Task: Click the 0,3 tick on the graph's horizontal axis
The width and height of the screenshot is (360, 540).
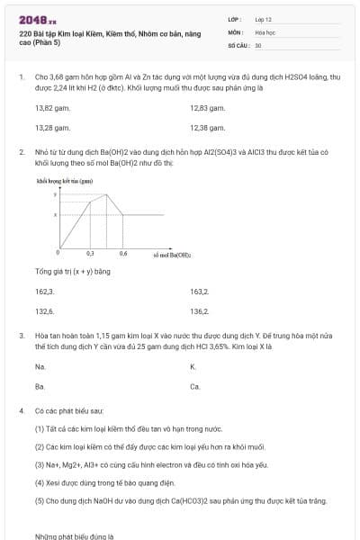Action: pos(90,255)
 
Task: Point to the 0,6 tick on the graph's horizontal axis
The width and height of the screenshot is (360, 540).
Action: pos(122,255)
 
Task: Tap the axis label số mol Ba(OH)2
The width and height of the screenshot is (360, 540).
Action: pos(171,256)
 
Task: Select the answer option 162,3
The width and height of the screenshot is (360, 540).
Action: pos(44,291)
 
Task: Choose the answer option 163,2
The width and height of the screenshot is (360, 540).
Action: pos(200,291)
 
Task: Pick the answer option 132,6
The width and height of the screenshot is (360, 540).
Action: pos(44,311)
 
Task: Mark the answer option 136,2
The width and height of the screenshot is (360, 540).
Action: pos(200,311)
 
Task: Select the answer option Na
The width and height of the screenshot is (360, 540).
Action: pos(40,366)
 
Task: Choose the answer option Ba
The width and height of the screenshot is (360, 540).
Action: pos(40,386)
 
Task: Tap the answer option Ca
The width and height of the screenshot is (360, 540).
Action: pos(194,386)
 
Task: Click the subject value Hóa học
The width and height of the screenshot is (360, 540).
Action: pos(265,31)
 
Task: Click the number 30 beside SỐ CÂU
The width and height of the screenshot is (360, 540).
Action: pos(258,44)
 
